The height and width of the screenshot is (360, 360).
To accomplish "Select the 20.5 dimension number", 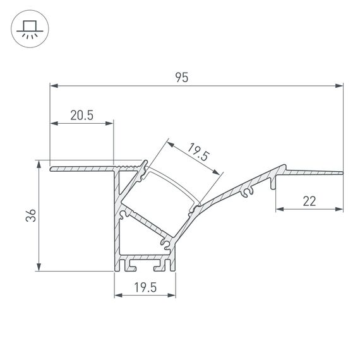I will pos(82,115).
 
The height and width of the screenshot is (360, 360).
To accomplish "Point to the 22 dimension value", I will pos(309,201).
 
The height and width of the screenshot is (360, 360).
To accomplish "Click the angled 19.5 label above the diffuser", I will pos(198,153).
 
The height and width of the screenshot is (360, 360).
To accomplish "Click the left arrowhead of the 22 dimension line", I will pos(279,209).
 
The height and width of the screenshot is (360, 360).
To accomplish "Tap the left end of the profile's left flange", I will pos(52,168).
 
